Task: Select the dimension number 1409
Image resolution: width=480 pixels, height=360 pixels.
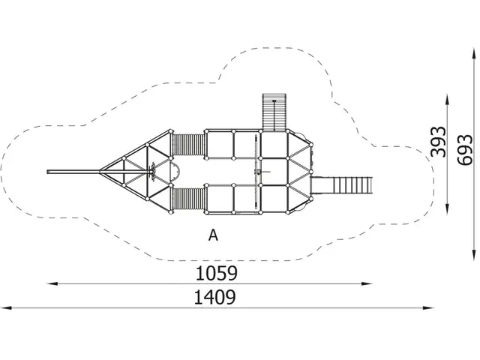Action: pos(214,296)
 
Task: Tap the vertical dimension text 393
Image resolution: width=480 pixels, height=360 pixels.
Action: pos(439,141)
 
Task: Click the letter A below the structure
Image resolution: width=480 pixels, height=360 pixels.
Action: pos(214,235)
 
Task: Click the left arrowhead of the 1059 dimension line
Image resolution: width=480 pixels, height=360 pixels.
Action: pos(50,283)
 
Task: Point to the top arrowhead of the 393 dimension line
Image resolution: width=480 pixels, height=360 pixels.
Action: pos(448,97)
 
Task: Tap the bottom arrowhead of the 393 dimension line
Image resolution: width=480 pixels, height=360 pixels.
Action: pos(448,211)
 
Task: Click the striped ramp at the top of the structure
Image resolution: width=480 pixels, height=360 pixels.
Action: pos(274,112)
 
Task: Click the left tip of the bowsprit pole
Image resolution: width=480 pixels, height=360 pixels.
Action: pos(49,172)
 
